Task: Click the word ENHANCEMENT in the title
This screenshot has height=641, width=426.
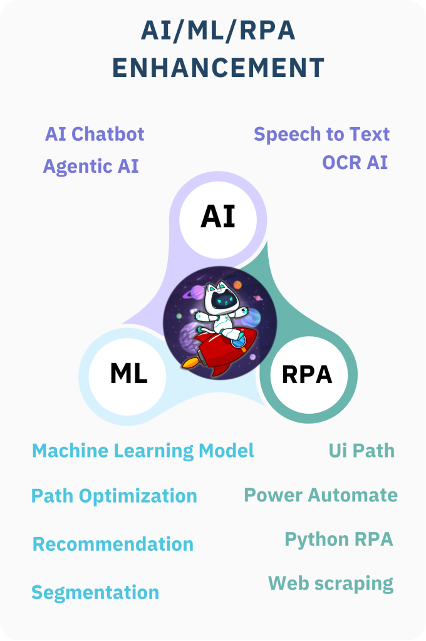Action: pos(218,68)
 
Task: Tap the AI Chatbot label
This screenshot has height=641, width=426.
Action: pos(95,134)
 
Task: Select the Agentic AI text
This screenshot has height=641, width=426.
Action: pos(91,167)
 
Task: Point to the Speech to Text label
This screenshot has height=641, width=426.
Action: pos(321,135)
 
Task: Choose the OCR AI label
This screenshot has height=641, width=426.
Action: pos(355,162)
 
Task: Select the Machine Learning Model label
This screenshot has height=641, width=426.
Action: pos(143,451)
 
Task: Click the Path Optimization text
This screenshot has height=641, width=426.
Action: pos(114,496)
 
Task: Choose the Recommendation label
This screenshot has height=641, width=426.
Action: pos(113,544)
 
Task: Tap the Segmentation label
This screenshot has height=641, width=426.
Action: pos(95,593)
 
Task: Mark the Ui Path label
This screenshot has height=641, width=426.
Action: pos(361,451)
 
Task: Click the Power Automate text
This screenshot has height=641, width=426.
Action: pos(321,495)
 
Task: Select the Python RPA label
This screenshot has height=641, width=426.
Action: pos(339,540)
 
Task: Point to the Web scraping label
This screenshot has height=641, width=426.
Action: pos(331,584)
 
